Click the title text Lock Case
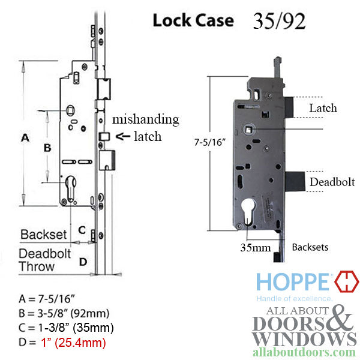click(193, 20)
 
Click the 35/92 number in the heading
click(277, 21)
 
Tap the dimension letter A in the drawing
click(25, 138)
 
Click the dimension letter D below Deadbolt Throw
click(83, 261)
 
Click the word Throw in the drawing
click(36, 266)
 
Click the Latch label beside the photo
click(323, 109)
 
